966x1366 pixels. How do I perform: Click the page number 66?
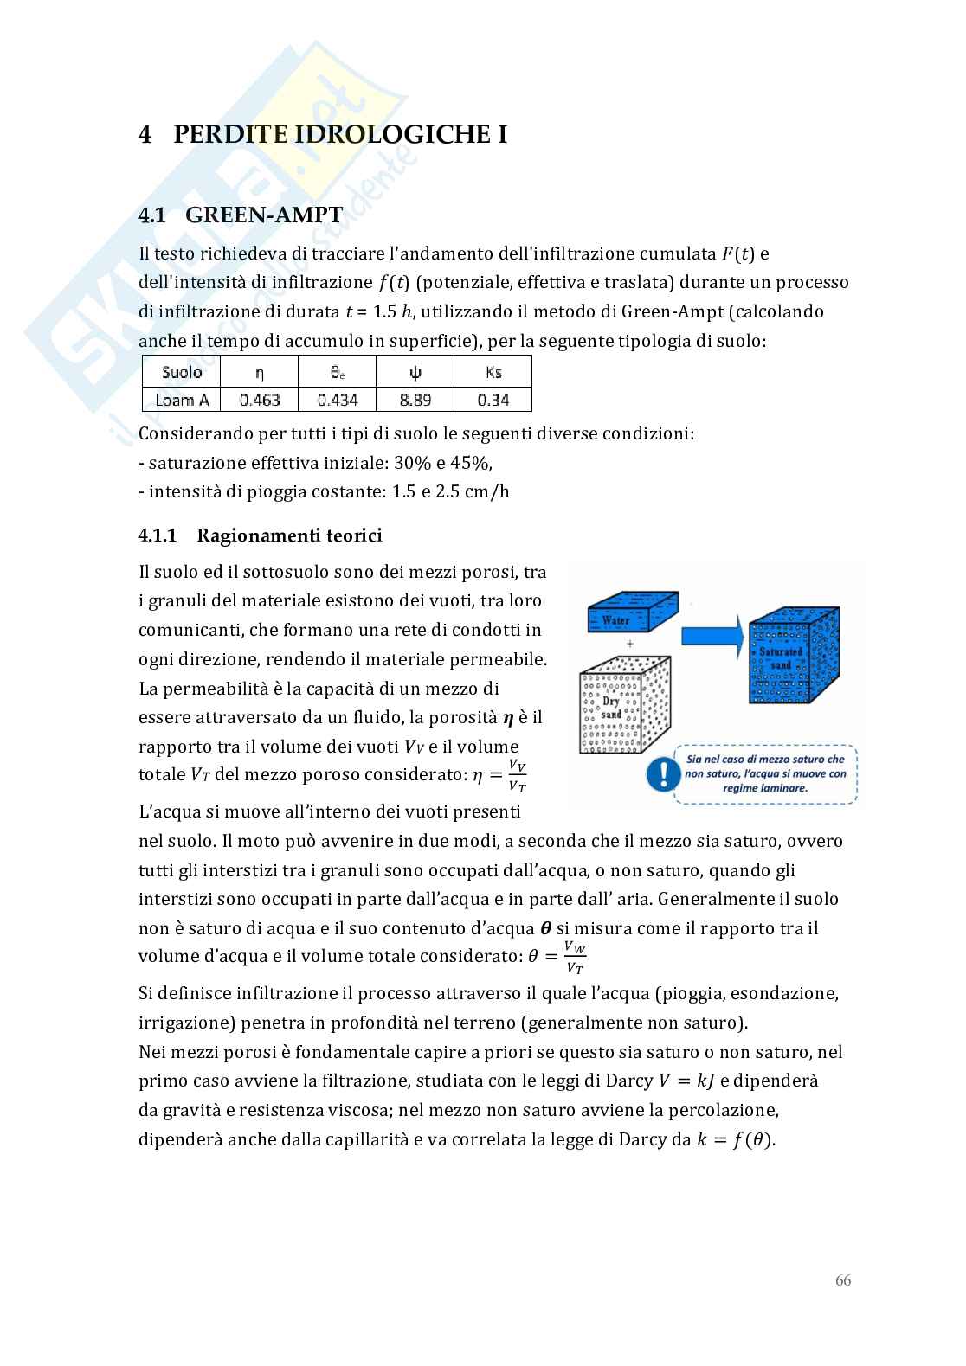842,1280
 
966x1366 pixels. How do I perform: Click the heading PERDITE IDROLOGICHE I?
339,134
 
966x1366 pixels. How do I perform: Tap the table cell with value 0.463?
260,400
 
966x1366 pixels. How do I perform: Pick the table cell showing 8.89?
415,400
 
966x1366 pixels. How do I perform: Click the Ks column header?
493,372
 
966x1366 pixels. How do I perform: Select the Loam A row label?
182,400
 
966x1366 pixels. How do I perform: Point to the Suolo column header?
182,372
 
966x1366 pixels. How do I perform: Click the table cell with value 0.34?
493,400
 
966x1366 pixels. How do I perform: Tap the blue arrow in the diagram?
712,635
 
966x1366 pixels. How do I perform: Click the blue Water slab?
631,613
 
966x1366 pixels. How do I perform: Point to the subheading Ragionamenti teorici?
289,535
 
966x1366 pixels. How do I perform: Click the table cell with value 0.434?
337,400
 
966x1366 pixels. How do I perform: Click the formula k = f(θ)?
735,1139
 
